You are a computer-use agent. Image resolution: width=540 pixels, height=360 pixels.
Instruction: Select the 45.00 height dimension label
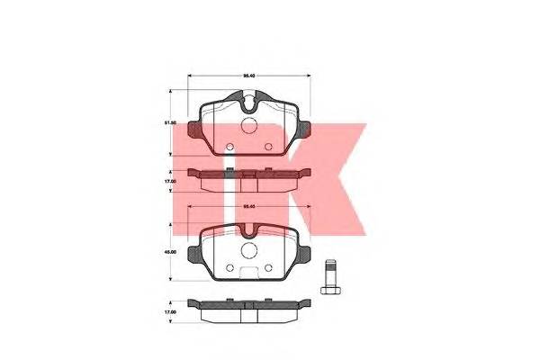(x=168, y=252)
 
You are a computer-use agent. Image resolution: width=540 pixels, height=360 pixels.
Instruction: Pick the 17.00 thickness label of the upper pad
(x=168, y=180)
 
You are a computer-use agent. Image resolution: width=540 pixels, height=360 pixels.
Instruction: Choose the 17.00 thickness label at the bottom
(x=168, y=313)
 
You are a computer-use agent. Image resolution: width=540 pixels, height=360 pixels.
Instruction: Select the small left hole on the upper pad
(x=229, y=147)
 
